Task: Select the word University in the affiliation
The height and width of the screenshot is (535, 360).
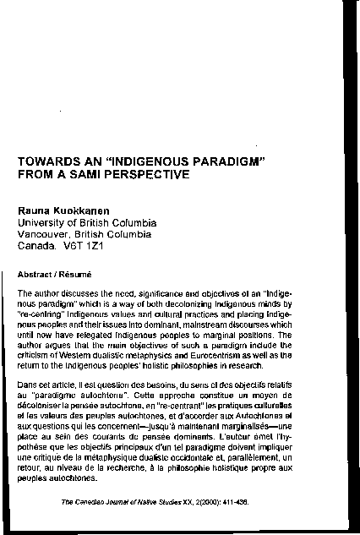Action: pyautogui.click(x=47, y=223)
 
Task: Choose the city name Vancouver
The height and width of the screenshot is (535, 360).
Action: pyautogui.click(x=52, y=236)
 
